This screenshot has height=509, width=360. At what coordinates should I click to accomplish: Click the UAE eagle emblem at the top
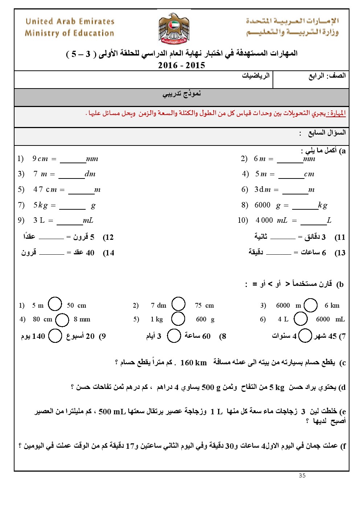coord(174,29)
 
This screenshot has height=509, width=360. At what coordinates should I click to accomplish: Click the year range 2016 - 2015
coord(181,65)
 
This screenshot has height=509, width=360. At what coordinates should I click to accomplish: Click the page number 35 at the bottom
coord(302,476)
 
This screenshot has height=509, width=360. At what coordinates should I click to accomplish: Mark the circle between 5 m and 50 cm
coord(55,304)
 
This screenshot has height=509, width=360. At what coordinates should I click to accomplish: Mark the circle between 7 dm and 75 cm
coord(179,304)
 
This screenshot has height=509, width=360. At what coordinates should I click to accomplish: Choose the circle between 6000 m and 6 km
coord(311,305)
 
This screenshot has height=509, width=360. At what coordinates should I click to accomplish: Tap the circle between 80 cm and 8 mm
coord(62,320)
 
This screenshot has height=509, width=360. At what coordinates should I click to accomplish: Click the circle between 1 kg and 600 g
coord(178,319)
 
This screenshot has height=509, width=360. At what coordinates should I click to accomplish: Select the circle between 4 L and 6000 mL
coord(301,319)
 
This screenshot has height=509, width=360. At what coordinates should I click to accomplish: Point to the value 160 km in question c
coord(193,363)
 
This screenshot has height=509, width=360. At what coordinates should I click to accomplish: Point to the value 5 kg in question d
coord(277,387)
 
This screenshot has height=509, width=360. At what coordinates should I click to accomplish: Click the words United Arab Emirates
coord(70,21)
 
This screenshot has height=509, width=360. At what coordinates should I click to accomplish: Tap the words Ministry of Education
coord(69,33)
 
